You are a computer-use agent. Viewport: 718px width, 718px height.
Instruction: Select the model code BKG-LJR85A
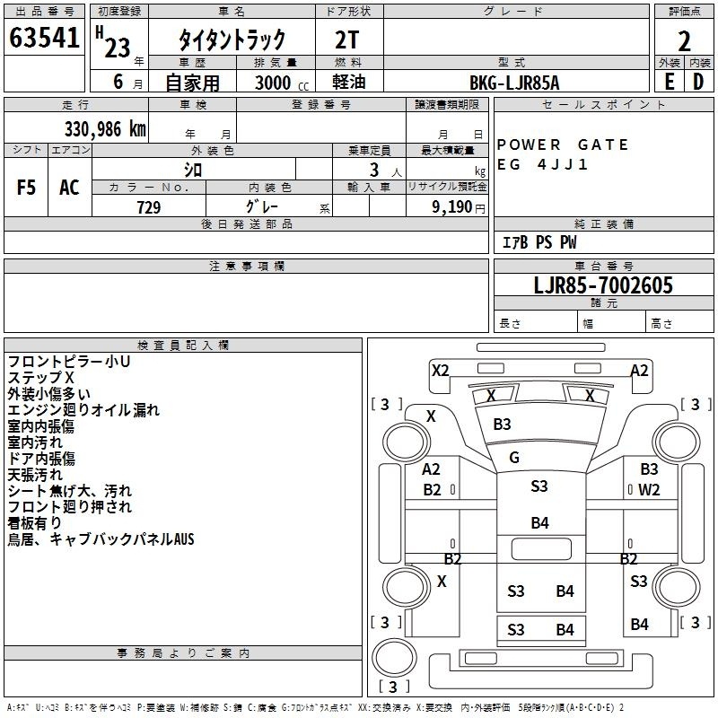(514, 83)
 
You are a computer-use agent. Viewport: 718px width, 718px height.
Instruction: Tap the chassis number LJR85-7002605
(602, 285)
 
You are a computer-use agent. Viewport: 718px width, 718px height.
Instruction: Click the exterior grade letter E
(669, 81)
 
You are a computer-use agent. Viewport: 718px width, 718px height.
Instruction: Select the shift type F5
(27, 187)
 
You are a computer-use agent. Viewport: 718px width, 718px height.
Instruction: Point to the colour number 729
(148, 207)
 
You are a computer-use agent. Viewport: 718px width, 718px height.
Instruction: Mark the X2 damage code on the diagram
(440, 370)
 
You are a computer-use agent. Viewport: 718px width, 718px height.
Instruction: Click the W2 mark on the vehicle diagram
(650, 490)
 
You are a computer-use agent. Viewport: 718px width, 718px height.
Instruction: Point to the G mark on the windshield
(514, 458)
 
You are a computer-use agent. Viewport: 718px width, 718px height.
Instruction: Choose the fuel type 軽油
(347, 83)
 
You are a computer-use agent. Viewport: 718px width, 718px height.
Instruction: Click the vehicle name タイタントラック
(232, 39)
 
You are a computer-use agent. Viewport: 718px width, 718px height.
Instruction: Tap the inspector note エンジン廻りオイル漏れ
(83, 410)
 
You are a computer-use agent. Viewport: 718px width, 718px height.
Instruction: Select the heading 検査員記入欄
(183, 345)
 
